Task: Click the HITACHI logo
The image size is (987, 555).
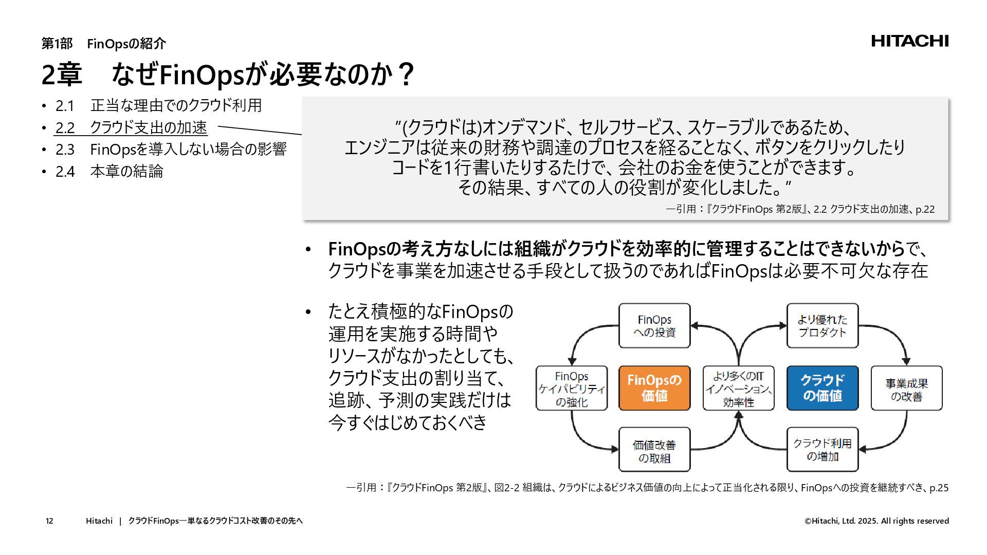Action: pyautogui.click(x=909, y=41)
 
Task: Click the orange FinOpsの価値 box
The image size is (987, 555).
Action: pyautogui.click(x=654, y=388)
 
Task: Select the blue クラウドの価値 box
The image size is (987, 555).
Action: pyautogui.click(x=822, y=388)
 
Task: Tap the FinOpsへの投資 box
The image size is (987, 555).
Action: pyautogui.click(x=654, y=326)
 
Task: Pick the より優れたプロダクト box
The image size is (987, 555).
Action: pyautogui.click(x=822, y=326)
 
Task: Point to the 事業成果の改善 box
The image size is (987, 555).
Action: pyautogui.click(x=906, y=388)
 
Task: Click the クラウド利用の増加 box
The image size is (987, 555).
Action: pyautogui.click(x=822, y=450)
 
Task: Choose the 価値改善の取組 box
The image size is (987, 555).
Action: pyautogui.click(x=654, y=450)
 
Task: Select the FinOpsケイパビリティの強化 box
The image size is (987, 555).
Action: pyautogui.click(x=572, y=388)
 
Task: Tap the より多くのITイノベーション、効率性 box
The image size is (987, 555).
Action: pyautogui.click(x=738, y=388)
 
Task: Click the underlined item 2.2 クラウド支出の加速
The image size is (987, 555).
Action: pyautogui.click(x=131, y=127)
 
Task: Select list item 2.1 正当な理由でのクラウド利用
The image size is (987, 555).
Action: pyautogui.click(x=158, y=105)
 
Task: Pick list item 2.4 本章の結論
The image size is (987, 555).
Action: pyautogui.click(x=109, y=171)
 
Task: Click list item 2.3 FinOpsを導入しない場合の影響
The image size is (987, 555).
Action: pyautogui.click(x=171, y=150)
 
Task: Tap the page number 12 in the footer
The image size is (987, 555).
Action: pyautogui.click(x=49, y=521)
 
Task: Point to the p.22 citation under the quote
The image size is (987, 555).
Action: pyautogui.click(x=925, y=209)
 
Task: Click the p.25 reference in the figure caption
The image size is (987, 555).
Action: pyautogui.click(x=939, y=488)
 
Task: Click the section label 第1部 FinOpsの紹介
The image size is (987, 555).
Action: pyautogui.click(x=103, y=44)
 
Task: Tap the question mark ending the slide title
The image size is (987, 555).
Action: pyautogui.click(x=406, y=75)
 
